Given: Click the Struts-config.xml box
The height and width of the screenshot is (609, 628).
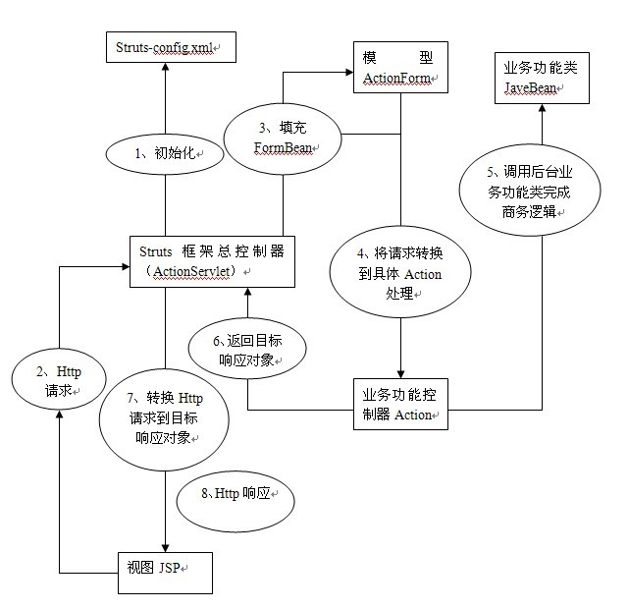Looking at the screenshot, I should click(164, 46).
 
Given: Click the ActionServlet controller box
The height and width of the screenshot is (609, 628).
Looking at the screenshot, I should click(212, 260).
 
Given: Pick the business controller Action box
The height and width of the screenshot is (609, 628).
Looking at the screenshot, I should click(399, 404).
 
